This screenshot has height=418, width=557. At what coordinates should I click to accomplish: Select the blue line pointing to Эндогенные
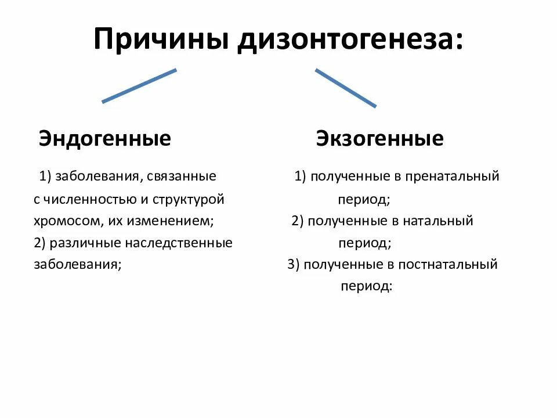pyautogui.click(x=139, y=86)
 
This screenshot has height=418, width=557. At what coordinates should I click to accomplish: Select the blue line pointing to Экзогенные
pyautogui.click(x=346, y=88)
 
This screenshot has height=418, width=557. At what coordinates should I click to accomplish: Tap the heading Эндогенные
pyautogui.click(x=105, y=139)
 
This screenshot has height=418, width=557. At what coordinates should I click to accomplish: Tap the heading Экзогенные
pyautogui.click(x=380, y=139)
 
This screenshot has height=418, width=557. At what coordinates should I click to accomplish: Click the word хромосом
pyautogui.click(x=60, y=221)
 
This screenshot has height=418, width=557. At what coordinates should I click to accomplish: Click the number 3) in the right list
pyautogui.click(x=293, y=265)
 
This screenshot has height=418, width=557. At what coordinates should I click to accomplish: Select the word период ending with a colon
pyautogui.click(x=367, y=287)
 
